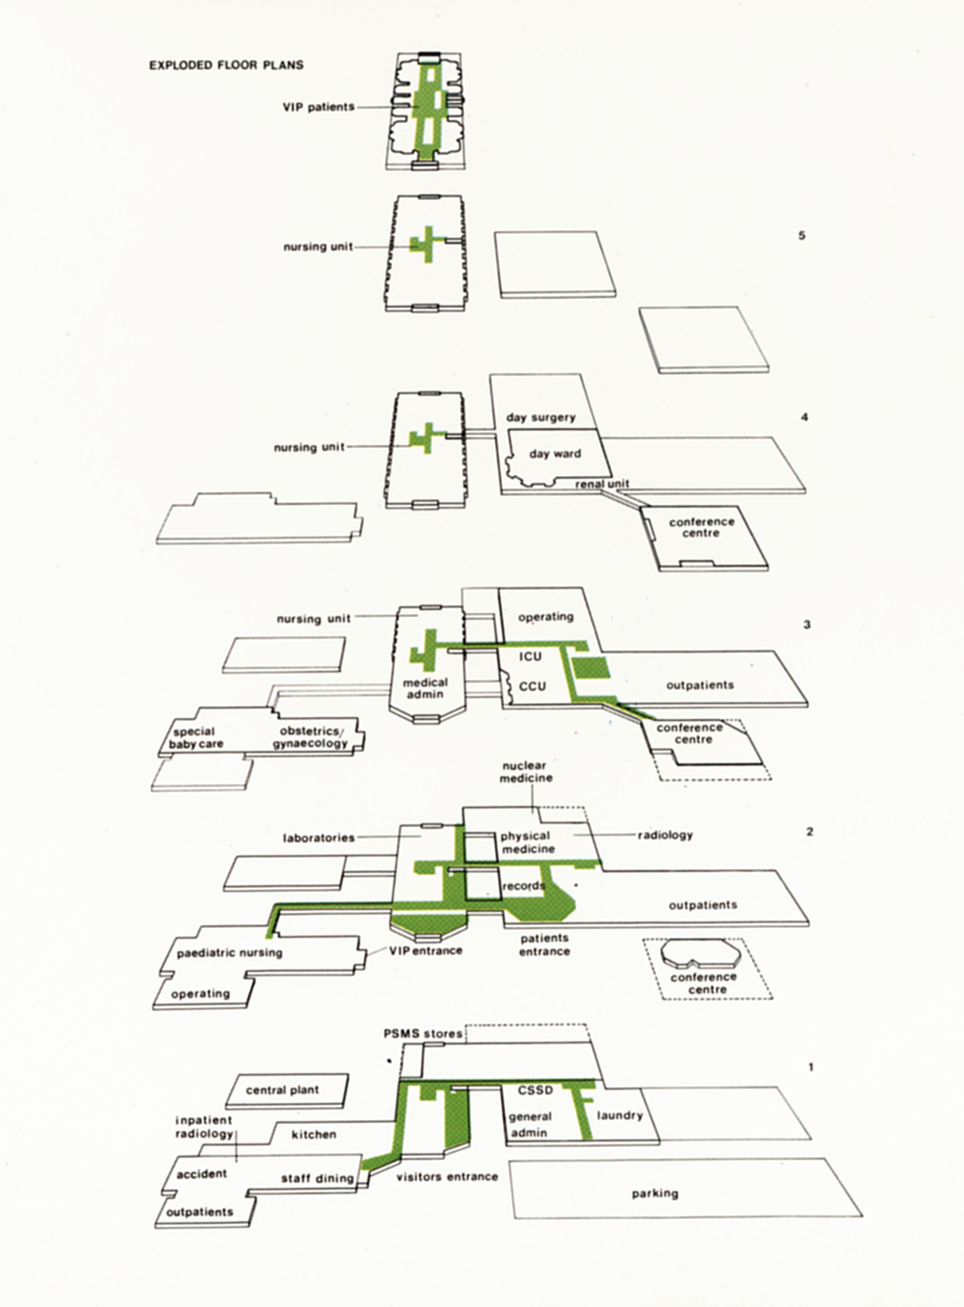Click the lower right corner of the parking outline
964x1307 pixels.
(x=863, y=1216)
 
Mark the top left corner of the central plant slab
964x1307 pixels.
(x=236, y=1074)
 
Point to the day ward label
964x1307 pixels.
(x=555, y=454)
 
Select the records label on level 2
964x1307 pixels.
(x=524, y=886)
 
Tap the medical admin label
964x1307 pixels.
(x=426, y=688)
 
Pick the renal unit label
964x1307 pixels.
(x=602, y=484)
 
